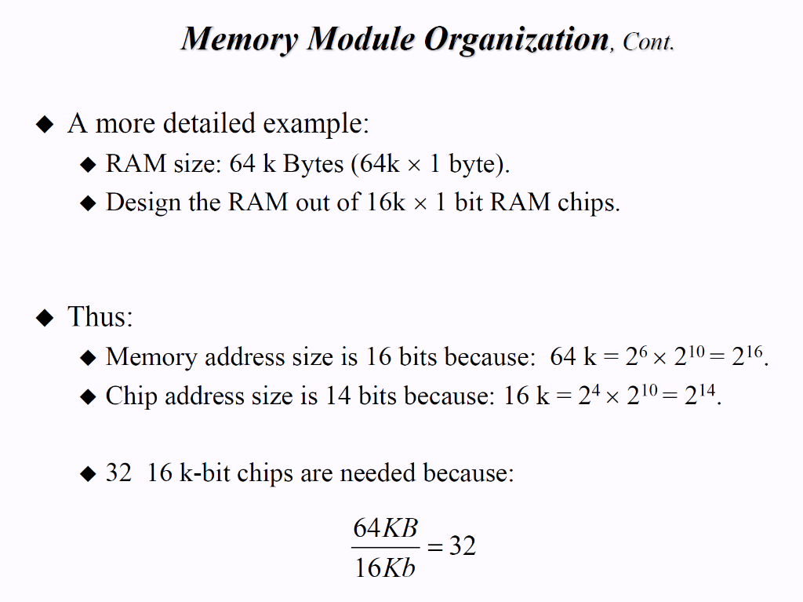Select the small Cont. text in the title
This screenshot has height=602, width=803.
pos(648,42)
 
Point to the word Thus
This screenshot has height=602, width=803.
pos(100,317)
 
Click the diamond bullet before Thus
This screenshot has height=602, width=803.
pos(46,318)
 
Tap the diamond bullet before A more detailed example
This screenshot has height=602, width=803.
pos(46,125)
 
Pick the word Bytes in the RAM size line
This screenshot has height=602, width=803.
pos(313,164)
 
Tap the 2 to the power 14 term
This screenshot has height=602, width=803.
pos(700,396)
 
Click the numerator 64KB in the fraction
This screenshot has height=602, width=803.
pos(386,527)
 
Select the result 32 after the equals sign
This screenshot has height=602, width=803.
pos(462,546)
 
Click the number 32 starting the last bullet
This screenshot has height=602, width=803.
pos(118,474)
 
